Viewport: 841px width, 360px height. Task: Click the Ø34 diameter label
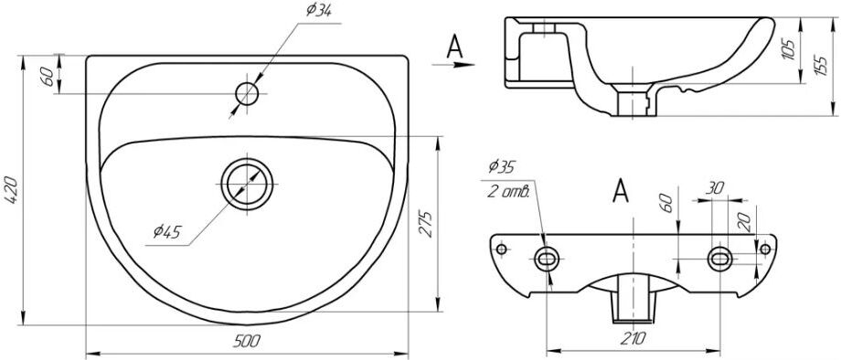tap(318, 10)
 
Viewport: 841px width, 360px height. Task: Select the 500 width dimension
tap(247, 341)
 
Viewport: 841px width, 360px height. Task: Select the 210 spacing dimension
tap(634, 338)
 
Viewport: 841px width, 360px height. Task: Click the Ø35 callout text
tap(502, 167)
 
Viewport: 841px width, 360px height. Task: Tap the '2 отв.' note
tap(508, 192)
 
